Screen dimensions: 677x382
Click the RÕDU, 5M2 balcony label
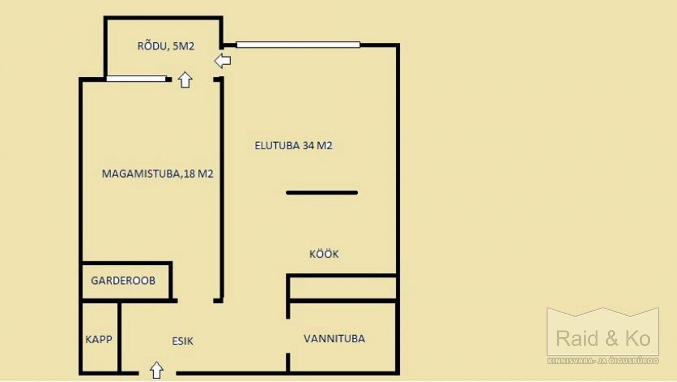coord(166,46)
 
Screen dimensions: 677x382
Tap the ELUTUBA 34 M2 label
coord(293,145)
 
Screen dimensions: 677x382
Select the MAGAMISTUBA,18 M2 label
coord(158,174)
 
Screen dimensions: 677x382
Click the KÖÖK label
coord(324,253)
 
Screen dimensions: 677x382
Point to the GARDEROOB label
coord(123,281)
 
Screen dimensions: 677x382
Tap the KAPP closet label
coord(99,339)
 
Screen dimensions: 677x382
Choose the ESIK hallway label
coord(183,341)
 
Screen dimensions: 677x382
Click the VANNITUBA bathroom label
coord(334,339)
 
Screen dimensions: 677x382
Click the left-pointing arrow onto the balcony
coord(222,61)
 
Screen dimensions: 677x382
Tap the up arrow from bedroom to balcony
coord(185,80)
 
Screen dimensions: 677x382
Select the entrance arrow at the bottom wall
coord(157,370)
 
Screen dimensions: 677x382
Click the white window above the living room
coord(298,45)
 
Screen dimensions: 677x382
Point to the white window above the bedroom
coord(136,79)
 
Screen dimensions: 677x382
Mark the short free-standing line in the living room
coord(322,193)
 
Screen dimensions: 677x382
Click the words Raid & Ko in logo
coord(603,338)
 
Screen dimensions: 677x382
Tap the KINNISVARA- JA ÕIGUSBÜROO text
coord(603,361)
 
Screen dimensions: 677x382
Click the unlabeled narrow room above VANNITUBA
coord(342,288)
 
